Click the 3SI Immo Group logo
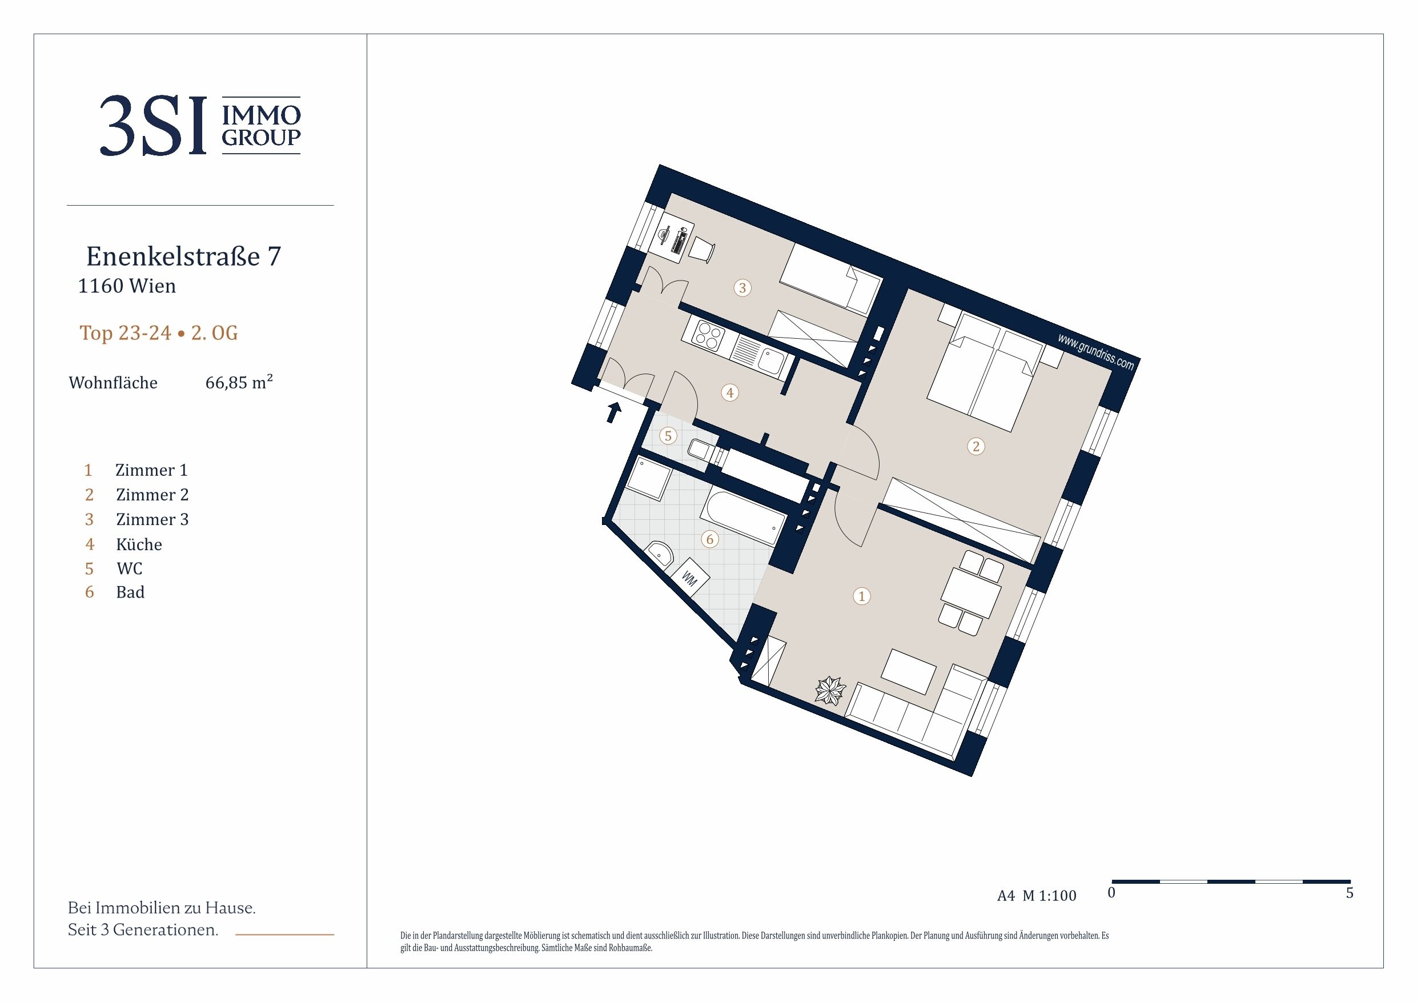click(200, 125)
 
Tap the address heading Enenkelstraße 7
click(183, 256)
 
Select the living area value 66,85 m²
click(239, 382)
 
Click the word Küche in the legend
click(139, 544)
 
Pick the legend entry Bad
click(130, 592)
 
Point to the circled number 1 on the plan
click(861, 596)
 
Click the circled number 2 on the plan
click(976, 446)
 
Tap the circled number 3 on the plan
click(742, 288)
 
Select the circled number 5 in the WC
click(668, 436)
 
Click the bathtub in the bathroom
click(743, 516)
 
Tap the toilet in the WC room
click(705, 452)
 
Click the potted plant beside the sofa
click(830, 691)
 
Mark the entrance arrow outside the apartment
click(613, 412)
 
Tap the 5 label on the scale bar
click(1349, 893)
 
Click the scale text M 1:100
click(1049, 895)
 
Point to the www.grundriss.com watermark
click(1095, 351)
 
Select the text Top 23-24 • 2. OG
click(159, 333)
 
